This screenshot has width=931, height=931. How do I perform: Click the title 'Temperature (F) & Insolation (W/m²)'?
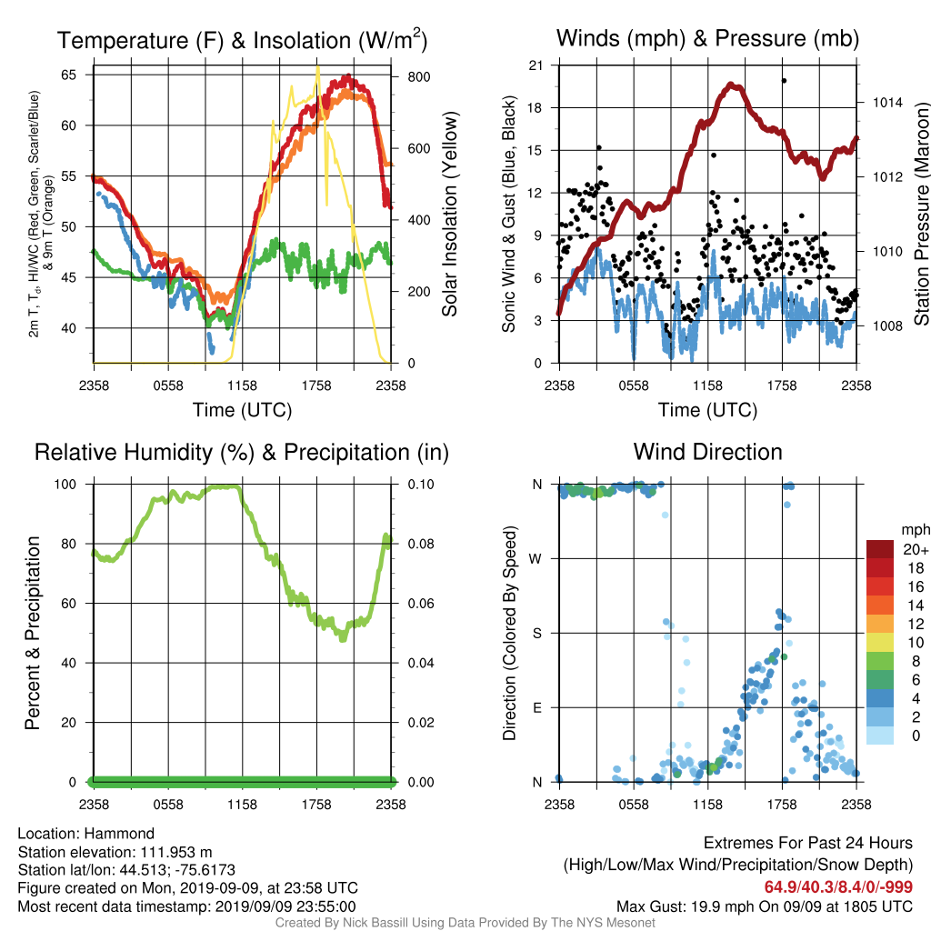[x=242, y=40]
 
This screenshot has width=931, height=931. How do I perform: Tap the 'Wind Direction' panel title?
[x=707, y=452]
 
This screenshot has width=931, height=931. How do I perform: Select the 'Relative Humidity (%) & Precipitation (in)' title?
[x=242, y=453]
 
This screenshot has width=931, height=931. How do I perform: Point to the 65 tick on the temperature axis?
[x=68, y=75]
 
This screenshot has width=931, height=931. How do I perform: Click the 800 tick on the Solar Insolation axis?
[x=418, y=77]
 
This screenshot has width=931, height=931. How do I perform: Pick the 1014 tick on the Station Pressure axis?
[x=887, y=103]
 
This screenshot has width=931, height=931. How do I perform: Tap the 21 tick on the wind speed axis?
[x=536, y=65]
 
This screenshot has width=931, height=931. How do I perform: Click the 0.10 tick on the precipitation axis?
[x=421, y=485]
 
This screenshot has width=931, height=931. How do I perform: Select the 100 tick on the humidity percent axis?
[x=65, y=485]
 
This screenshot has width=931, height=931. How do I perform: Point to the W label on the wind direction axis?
[x=536, y=559]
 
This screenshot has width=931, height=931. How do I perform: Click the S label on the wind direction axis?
[x=536, y=634]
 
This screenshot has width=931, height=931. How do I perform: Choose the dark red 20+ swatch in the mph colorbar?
[x=880, y=549]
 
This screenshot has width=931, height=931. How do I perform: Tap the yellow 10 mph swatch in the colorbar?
[x=880, y=643]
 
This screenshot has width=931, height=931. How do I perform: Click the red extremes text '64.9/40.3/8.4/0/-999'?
[x=838, y=887]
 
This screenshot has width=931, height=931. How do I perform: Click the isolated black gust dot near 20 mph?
[x=784, y=81]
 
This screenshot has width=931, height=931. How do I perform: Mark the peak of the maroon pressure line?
[x=735, y=86]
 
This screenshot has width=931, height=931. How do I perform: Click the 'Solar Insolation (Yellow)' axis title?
[x=450, y=215]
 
